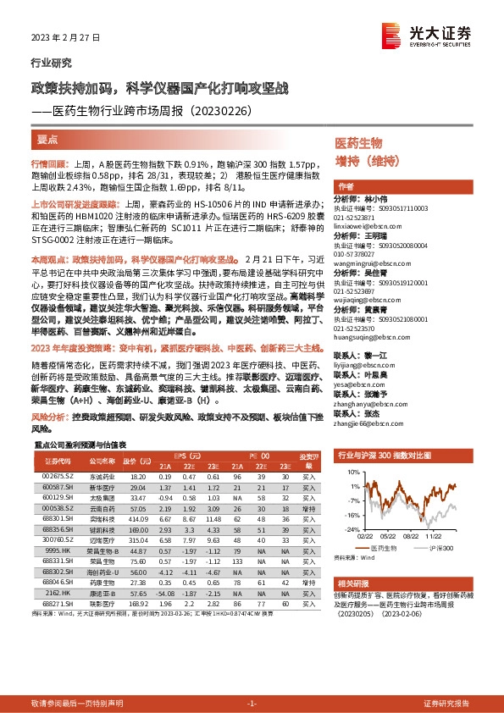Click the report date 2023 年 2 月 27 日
65,38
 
